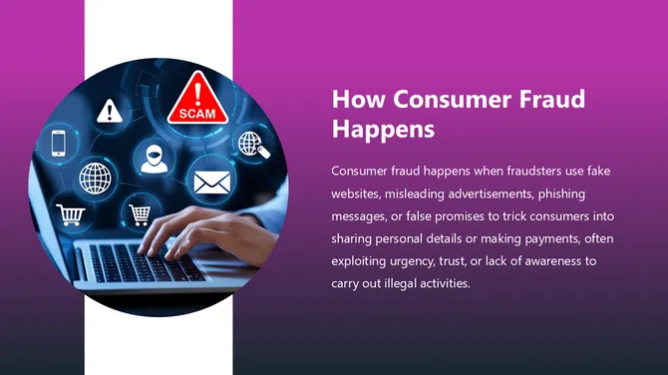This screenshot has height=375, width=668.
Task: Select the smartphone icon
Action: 58,143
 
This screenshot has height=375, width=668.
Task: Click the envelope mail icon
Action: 210,183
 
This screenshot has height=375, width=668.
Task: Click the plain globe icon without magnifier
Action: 96,179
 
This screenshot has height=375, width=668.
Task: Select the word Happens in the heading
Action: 383,130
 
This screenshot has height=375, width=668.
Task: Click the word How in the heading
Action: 357,100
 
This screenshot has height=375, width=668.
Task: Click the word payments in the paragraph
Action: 533,238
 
